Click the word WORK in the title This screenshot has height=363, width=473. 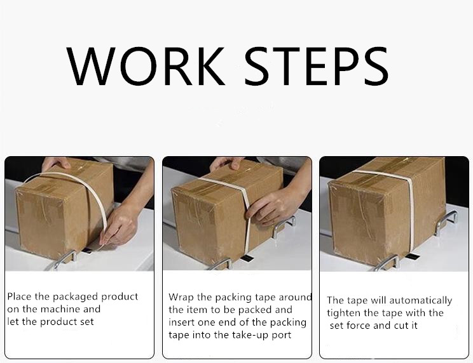click(x=146, y=66)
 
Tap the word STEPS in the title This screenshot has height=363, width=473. click(x=316, y=66)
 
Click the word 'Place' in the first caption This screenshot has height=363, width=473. click(x=20, y=296)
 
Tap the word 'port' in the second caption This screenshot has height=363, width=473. click(x=281, y=336)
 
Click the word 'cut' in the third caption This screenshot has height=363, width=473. click(x=401, y=326)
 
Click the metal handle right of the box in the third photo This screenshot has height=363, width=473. click(x=445, y=222)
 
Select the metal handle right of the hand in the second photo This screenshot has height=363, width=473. click(x=284, y=226)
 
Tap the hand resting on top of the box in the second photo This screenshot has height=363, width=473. click(x=226, y=164)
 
